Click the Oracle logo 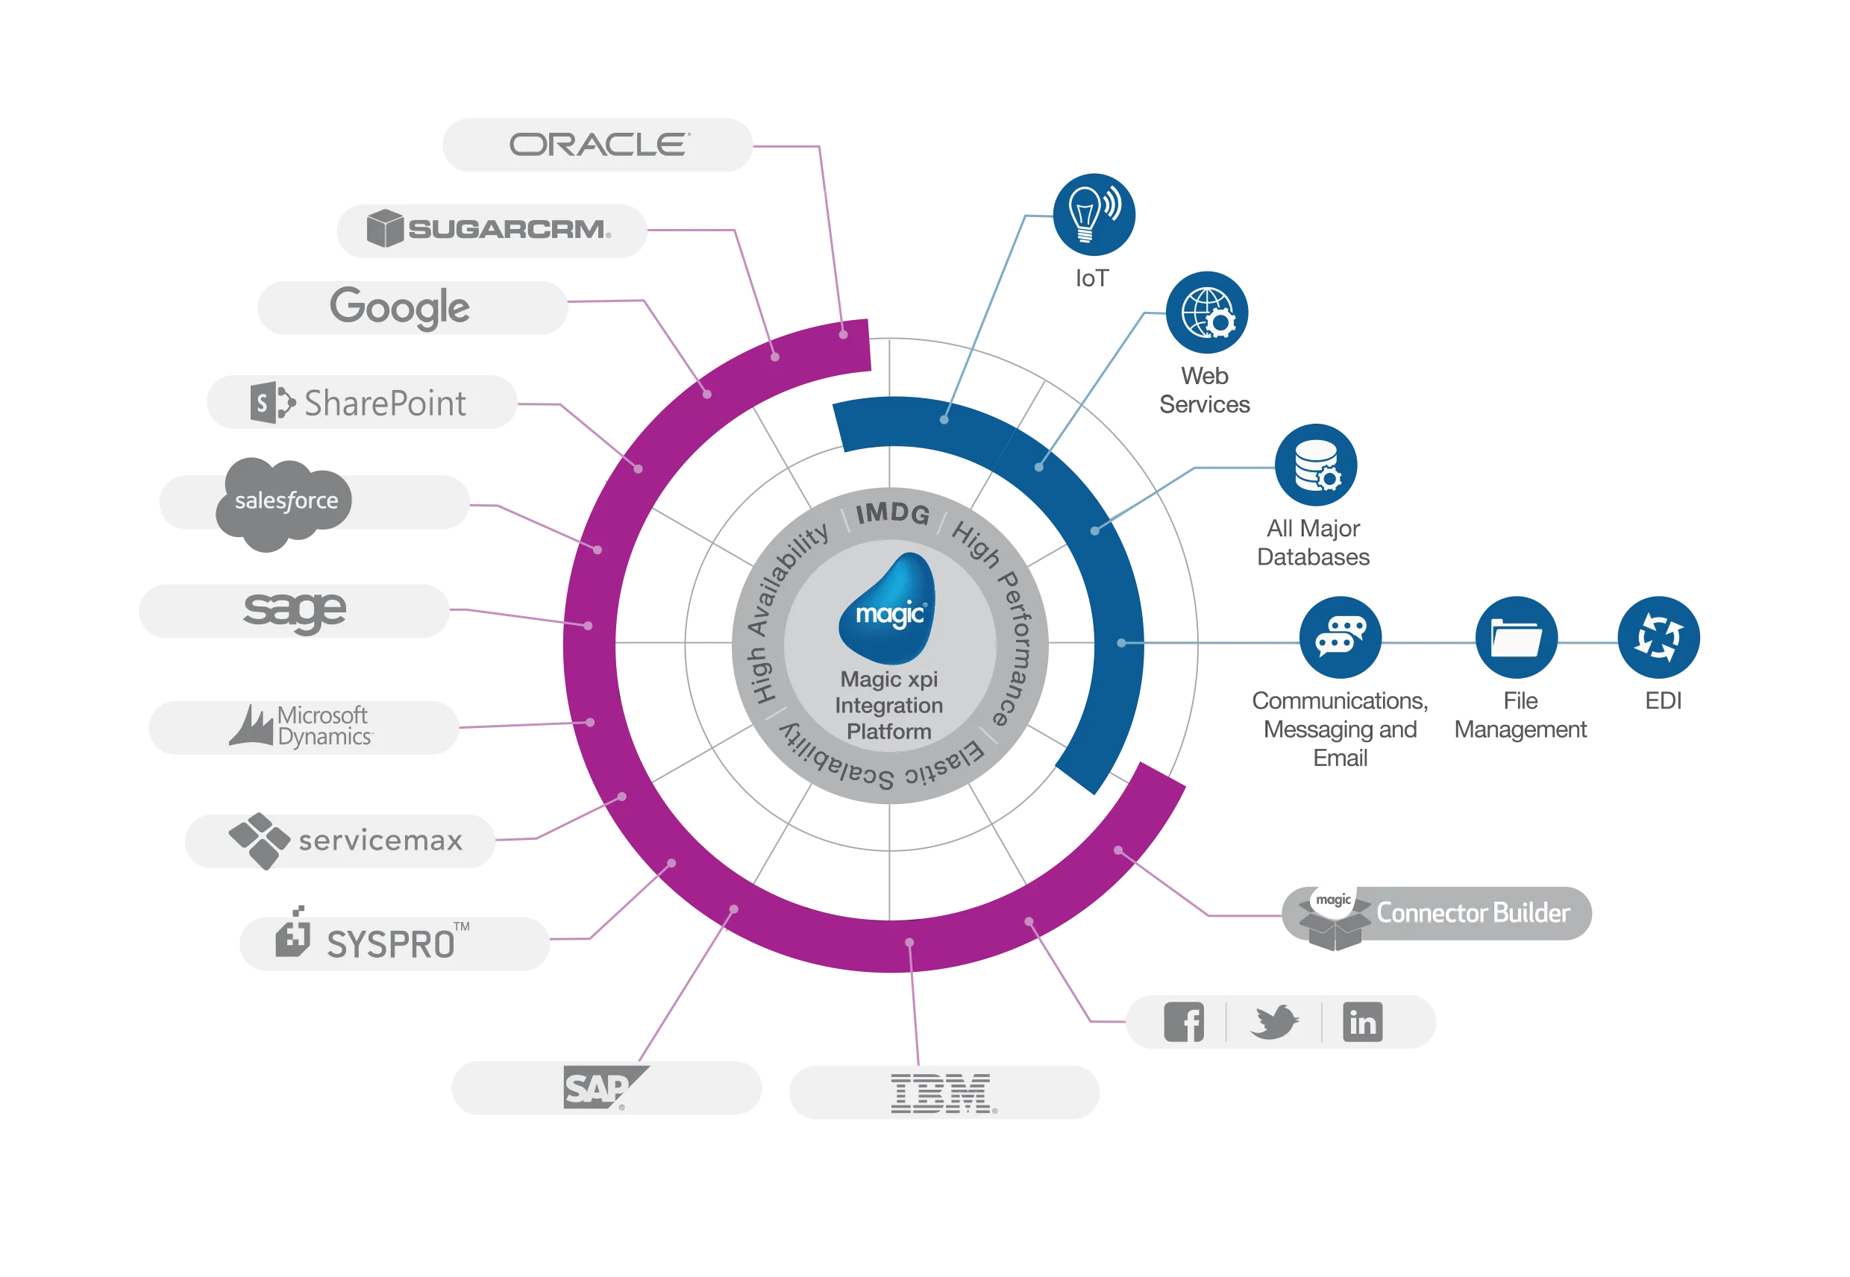tap(599, 145)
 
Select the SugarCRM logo tap(489, 229)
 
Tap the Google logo tap(399, 308)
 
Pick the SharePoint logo tap(359, 403)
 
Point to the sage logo tap(295, 609)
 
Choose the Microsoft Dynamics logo tap(301, 727)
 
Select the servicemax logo tap(345, 840)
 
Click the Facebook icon tap(1183, 1022)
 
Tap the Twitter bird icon tap(1274, 1022)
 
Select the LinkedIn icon tap(1362, 1022)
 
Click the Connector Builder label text tap(1473, 913)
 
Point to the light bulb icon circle tap(1093, 213)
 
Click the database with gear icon tap(1317, 465)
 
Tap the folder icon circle tap(1516, 638)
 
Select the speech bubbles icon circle tap(1341, 638)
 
